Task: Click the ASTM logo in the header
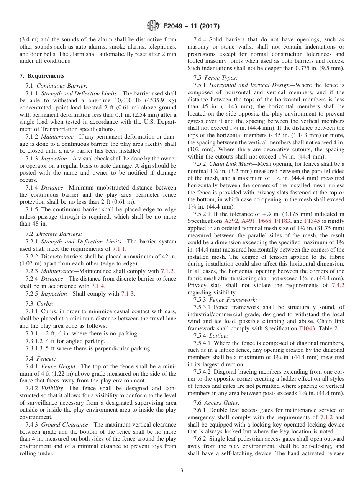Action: [153, 26]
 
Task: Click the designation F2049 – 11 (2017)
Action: [191, 26]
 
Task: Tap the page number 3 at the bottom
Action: [182, 471]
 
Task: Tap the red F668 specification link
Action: [264, 221]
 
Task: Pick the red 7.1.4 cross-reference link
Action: [98, 286]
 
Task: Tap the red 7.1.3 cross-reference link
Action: [128, 294]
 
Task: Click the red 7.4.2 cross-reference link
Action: [338, 285]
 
